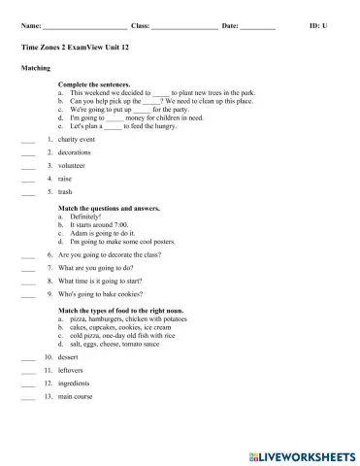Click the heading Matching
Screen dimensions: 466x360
(x=35, y=69)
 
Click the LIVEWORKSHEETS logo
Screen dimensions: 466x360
(x=303, y=453)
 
